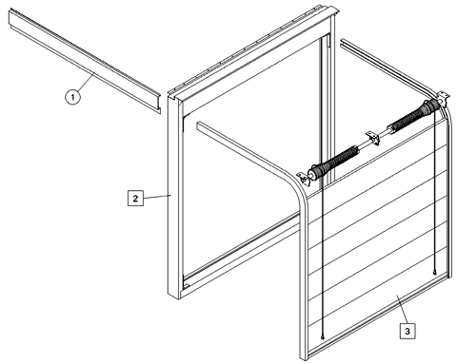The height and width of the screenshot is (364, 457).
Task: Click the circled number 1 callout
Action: point(72,97)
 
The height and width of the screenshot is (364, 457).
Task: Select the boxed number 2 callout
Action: point(135,199)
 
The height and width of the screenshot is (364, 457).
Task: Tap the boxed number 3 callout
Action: point(407,331)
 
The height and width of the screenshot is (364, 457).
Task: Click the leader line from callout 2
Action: point(157,197)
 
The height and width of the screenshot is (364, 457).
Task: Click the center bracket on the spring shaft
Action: point(372,139)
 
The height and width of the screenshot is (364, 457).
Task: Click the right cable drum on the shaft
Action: point(430,105)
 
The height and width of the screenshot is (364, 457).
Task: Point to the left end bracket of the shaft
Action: point(303,178)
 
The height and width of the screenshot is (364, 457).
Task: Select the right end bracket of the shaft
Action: point(444,97)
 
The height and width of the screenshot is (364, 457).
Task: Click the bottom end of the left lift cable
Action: point(323,337)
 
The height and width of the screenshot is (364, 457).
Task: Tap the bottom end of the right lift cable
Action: point(434,273)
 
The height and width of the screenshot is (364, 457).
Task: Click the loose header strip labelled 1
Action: point(85,60)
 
